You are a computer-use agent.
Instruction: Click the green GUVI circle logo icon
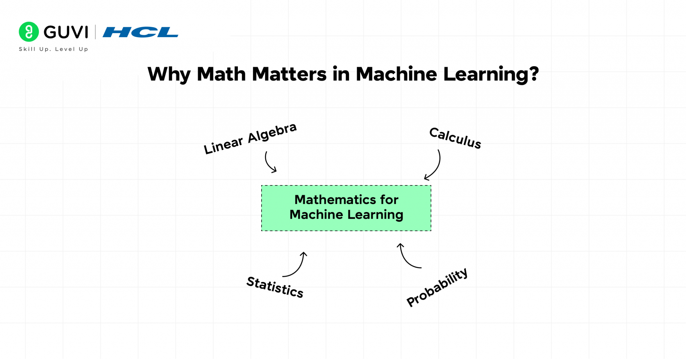click(29, 32)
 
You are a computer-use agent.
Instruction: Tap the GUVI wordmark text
click(66, 32)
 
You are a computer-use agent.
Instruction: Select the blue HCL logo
click(140, 32)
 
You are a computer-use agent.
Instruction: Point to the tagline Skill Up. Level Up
click(54, 49)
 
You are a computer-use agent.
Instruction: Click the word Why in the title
click(169, 74)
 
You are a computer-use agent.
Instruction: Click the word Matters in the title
click(289, 74)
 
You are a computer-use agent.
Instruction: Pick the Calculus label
click(455, 138)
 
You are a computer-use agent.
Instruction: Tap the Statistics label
click(275, 287)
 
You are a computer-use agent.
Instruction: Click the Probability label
click(437, 287)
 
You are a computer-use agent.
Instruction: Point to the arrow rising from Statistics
click(297, 266)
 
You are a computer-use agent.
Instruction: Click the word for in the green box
click(389, 200)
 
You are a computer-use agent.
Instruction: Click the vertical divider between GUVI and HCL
click(95, 32)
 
